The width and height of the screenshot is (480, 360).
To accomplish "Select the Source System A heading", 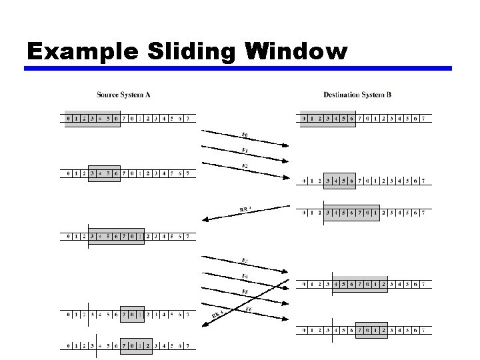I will pos(123,95).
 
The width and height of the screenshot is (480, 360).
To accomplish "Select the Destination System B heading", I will pos(357,95).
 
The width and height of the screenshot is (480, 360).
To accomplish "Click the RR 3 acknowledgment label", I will pos(245,210).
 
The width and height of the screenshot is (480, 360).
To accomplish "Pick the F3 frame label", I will pos(245,259).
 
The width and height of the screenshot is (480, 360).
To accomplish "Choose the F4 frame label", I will pos(245,276).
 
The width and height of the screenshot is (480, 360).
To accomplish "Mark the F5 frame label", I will pos(245,292).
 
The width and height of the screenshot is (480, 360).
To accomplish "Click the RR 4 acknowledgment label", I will pos(217,315).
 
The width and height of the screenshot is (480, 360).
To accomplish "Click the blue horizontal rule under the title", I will pos(239,68).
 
